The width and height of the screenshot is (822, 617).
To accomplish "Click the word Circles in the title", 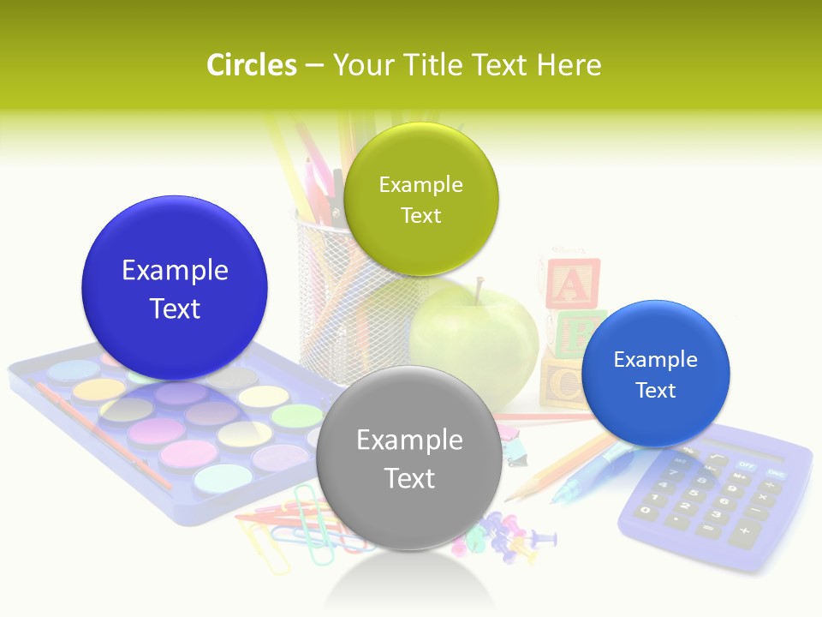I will click(252, 65).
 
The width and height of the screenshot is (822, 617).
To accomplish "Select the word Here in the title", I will click(569, 65).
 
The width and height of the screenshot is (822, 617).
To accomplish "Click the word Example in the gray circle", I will click(409, 440).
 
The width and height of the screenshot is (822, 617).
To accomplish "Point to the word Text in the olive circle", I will click(420, 215).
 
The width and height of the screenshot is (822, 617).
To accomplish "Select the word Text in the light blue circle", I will click(655, 391).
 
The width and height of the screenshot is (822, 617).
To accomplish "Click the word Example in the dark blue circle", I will click(175, 271).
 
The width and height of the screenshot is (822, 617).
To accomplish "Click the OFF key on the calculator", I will click(747, 466).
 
